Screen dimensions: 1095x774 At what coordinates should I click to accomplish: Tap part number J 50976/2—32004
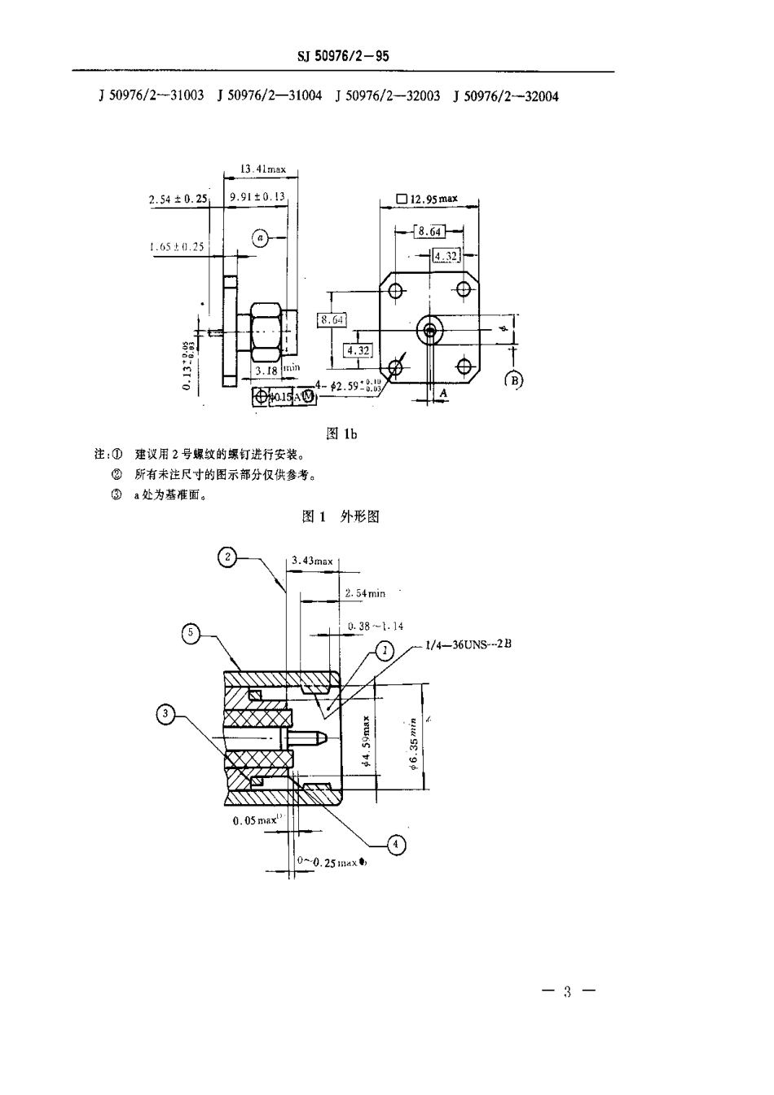[506, 96]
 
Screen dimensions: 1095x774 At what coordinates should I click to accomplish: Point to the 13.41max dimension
[263, 169]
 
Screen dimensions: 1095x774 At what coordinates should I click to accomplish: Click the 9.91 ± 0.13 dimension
[257, 196]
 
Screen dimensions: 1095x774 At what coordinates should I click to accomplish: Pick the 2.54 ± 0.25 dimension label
[178, 199]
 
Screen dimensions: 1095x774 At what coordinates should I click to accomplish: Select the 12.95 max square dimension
[427, 199]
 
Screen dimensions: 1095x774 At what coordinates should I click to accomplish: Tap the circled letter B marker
[514, 379]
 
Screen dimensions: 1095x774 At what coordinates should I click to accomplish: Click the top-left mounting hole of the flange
[397, 291]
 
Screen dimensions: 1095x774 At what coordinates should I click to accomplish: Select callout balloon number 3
[166, 715]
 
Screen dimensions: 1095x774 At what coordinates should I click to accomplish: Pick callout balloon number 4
[395, 845]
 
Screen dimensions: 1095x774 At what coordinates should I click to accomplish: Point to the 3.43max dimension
[312, 561]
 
